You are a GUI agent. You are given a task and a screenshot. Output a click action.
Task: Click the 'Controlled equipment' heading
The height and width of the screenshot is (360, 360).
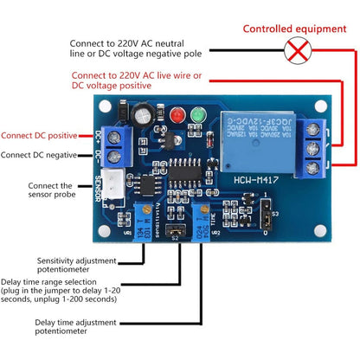(293, 29)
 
